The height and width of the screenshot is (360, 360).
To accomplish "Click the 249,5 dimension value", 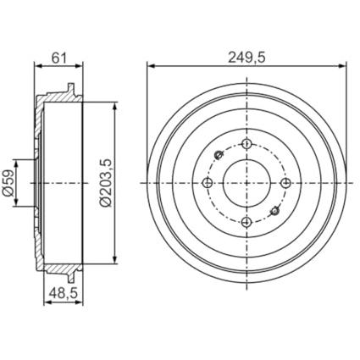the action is pos(247,58).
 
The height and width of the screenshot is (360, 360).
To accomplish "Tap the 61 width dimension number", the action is pos(58,58).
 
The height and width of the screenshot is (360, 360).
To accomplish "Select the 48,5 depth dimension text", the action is pos(64,293).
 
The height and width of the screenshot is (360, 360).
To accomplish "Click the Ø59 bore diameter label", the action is pos(8,183).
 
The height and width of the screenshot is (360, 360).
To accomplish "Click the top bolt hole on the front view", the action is pos(246,144).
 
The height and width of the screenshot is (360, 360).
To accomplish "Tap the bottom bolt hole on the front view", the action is pos(246,222).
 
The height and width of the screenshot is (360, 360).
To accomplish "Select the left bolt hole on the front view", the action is pos(208,183).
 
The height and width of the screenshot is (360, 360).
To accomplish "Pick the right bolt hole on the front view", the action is pos(285,183).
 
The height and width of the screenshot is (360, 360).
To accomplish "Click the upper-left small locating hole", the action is pos(219,155).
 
